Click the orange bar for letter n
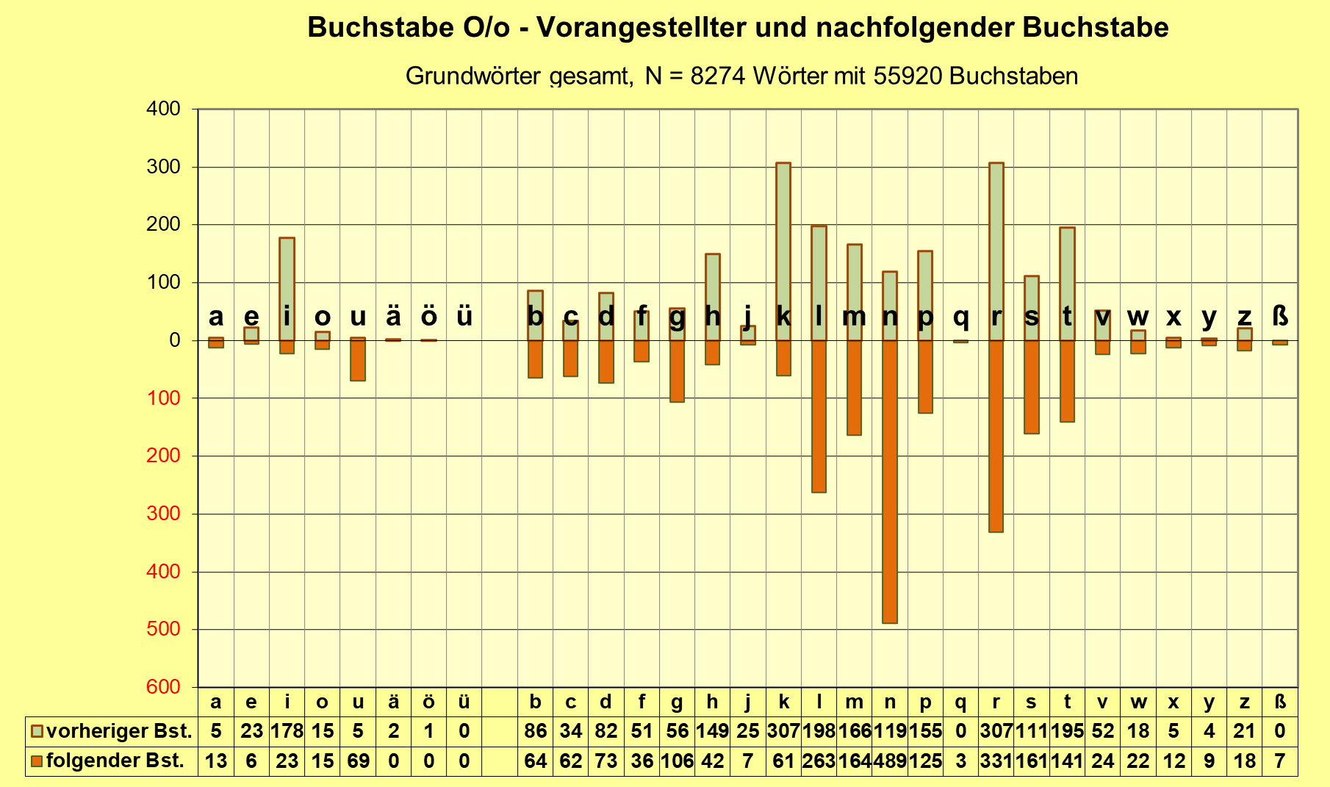890,481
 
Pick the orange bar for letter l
819,416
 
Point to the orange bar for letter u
358,360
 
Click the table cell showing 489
890,761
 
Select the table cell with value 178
287,732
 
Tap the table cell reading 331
996,761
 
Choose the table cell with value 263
819,761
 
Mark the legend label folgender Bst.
115,761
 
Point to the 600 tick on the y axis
163,687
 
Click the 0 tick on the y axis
174,340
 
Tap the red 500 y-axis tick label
163,629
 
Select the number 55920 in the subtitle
908,76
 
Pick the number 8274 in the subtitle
718,76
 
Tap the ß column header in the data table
1280,702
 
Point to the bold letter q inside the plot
961,317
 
